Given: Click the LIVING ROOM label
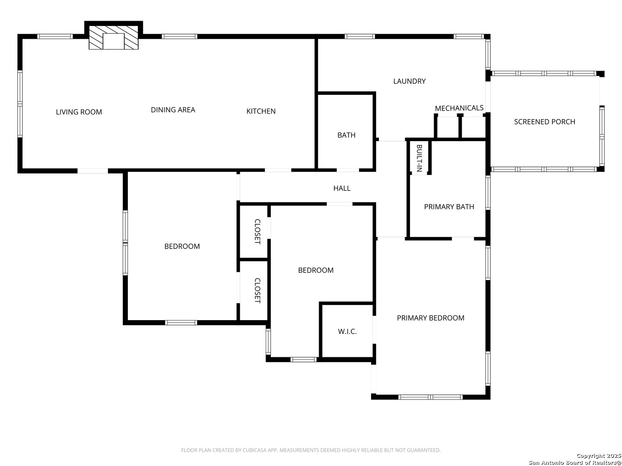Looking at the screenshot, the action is (79, 112).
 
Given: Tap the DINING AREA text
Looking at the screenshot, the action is (173, 110).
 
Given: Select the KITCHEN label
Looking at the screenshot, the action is (261, 111).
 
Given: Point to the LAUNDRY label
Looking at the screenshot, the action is (409, 81).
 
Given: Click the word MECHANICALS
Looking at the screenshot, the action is (459, 108).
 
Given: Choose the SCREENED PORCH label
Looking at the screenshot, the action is (544, 122).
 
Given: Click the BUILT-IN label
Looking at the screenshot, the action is (419, 158).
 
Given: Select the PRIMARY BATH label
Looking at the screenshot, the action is (449, 207).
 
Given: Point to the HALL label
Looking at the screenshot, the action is (342, 188).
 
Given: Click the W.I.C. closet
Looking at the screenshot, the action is (347, 331).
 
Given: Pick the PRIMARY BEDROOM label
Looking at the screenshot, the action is (431, 318).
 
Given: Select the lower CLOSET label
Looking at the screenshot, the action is (257, 290).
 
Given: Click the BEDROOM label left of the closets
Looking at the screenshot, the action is (182, 246).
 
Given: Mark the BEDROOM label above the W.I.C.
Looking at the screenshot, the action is (316, 270).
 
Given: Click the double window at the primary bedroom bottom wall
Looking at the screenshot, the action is (431, 397).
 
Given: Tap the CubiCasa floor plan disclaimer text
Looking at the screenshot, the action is (311, 450).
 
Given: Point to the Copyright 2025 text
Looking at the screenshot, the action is (599, 456).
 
